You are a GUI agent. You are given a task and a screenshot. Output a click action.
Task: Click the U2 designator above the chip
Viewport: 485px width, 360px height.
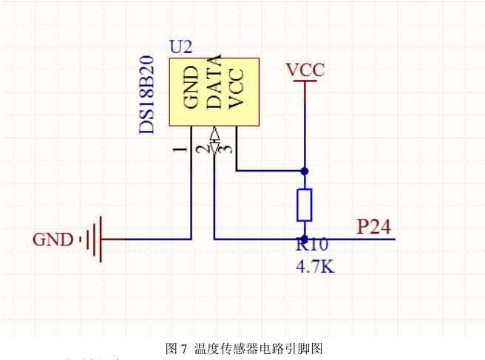coord(181,47)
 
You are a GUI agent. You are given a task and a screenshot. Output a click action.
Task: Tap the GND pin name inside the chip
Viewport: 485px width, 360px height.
coord(190,88)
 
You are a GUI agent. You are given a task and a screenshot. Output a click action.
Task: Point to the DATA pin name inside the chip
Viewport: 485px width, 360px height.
coord(213,84)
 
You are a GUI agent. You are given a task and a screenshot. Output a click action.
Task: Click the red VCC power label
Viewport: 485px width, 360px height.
coord(305,69)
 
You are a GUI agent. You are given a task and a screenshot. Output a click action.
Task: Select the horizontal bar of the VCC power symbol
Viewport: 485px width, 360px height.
coord(305,82)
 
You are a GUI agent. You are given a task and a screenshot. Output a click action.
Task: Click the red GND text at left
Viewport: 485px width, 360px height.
coord(52,240)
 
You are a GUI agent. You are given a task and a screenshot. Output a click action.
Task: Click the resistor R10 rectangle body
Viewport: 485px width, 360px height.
coord(305,205)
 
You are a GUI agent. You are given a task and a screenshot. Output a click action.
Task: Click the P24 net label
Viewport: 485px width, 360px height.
coord(374,227)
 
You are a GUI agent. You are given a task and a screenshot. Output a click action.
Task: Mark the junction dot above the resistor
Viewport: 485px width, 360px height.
coord(305,171)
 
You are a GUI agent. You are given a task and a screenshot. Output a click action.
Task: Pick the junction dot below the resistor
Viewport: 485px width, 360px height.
coord(305,239)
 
